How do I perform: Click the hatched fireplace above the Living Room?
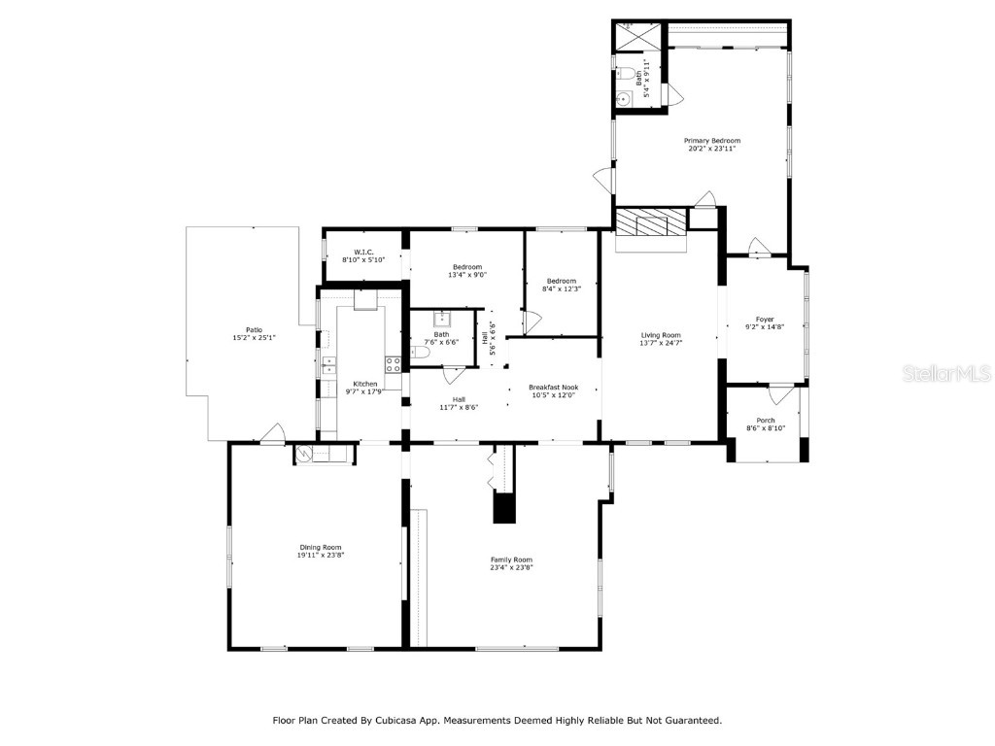[649, 222]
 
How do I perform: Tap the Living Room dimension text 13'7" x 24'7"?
[660, 343]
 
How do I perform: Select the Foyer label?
[765, 319]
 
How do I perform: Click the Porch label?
[765, 420]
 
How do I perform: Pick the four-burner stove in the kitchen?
[394, 365]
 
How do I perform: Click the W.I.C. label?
[363, 253]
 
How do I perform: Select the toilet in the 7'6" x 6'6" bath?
[419, 354]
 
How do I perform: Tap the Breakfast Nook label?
[552, 387]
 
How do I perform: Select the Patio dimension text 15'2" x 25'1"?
[254, 337]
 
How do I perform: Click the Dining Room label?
[320, 548]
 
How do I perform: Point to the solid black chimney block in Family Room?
[503, 508]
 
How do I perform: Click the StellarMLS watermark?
[945, 373]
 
